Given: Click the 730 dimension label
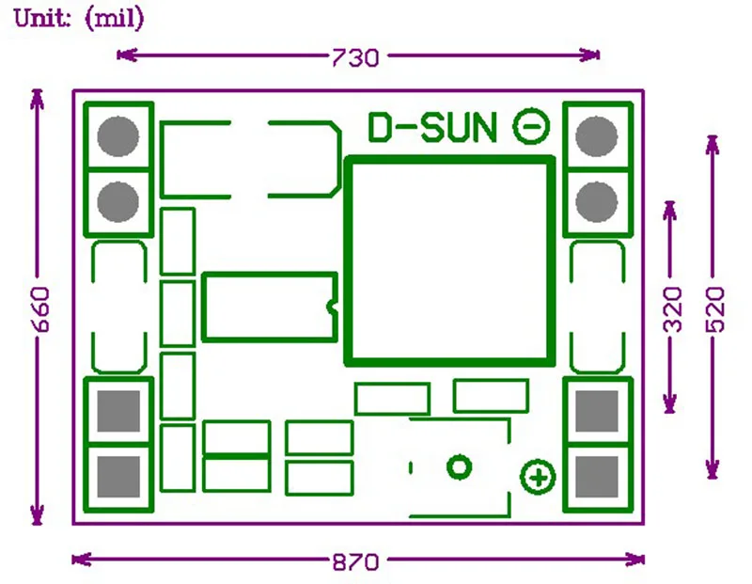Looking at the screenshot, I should (x=354, y=57).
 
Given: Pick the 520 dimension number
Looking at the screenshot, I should (x=713, y=308).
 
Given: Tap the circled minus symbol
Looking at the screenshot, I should (x=530, y=126).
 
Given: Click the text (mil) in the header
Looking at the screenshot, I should (x=115, y=19).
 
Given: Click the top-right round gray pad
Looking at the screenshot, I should (x=596, y=135).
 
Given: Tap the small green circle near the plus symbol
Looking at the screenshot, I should (x=459, y=466).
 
